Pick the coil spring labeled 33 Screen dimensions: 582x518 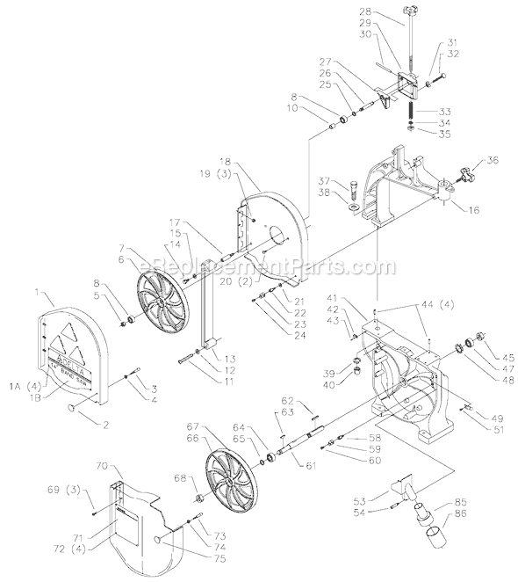[409, 113]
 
